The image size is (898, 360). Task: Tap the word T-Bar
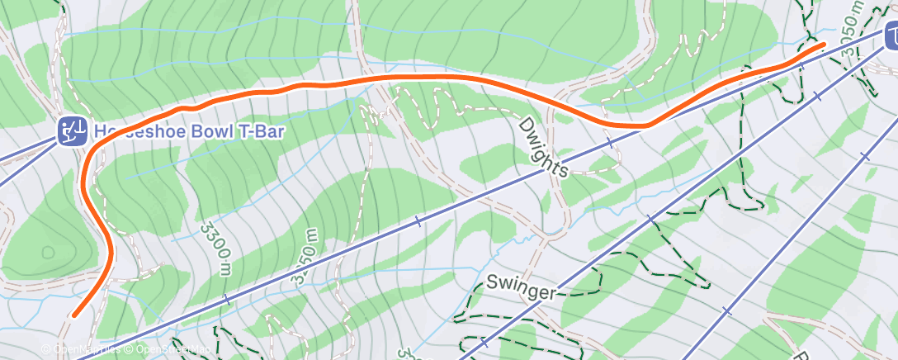[229, 130]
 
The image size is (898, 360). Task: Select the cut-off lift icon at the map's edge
[892, 36]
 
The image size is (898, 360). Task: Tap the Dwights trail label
[544, 147]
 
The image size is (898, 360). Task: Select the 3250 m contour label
[303, 258]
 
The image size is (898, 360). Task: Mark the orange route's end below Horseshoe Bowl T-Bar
[74, 315]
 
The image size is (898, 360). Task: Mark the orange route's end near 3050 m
[823, 45]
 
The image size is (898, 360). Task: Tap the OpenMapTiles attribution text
[85, 350]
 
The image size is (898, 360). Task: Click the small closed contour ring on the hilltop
[46, 251]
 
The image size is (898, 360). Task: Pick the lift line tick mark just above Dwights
[611, 143]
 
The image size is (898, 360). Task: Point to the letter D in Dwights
[527, 125]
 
